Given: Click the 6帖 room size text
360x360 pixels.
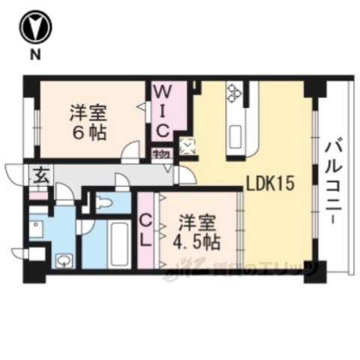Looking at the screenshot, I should tap(88, 132).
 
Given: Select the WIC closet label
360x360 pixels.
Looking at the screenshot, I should tap(164, 110).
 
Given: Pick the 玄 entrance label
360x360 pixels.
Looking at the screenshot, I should tap(39, 177).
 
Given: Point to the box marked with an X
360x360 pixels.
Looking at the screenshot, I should tap(187, 145).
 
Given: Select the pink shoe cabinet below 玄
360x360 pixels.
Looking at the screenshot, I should tap(39, 195).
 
